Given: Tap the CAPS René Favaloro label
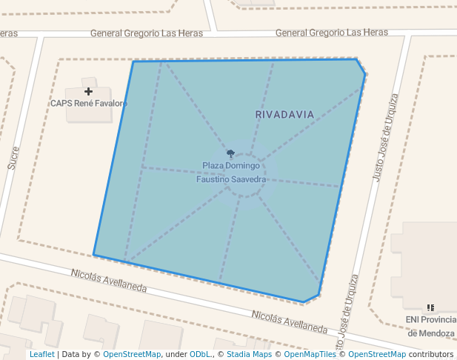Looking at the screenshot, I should click(89, 104).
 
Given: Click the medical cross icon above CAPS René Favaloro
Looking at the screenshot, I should click(89, 91).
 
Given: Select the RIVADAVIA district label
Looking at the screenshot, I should click(284, 115).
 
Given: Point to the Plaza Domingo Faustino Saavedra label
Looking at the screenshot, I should click(231, 173).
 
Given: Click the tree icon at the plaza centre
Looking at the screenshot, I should click(231, 154).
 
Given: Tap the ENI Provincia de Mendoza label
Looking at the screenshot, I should click(430, 326).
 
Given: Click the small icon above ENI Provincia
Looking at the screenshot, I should click(430, 307).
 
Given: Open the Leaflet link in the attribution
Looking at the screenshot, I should click(41, 354).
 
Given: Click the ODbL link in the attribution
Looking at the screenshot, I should click(201, 354).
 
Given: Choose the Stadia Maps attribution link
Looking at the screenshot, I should click(249, 354).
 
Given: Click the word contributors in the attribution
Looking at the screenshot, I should click(431, 354).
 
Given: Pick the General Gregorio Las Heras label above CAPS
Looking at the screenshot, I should click(141, 33).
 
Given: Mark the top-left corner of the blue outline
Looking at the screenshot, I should click(133, 61).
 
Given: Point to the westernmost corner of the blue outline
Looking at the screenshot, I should click(94, 255).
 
